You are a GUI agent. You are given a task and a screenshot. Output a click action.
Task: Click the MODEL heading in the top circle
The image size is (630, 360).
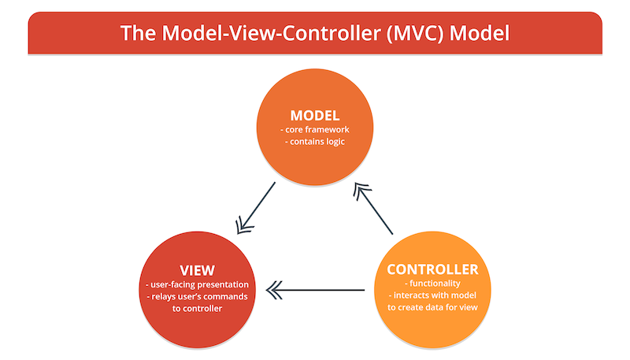315,116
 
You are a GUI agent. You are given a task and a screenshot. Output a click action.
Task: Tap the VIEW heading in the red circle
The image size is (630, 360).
198,270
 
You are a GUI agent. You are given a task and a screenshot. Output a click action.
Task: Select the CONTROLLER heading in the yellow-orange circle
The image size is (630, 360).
432,269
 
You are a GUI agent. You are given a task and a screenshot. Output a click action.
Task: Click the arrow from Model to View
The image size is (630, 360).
255,208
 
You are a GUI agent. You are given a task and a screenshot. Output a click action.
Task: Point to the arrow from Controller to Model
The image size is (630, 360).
372,208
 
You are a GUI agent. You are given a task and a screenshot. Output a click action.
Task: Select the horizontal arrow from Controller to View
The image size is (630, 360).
316,290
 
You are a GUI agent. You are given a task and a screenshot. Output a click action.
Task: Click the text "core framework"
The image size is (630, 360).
317,130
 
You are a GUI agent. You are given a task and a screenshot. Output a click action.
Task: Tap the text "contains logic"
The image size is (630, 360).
317,142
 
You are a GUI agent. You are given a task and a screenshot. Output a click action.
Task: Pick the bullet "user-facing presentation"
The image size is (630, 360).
199,284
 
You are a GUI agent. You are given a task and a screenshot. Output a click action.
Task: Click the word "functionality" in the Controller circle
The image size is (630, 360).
435,284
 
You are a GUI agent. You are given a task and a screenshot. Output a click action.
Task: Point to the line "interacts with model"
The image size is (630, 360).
435,295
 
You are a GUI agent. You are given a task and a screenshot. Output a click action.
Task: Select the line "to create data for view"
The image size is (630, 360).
432,307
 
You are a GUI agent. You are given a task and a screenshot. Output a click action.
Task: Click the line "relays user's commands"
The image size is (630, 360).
199,296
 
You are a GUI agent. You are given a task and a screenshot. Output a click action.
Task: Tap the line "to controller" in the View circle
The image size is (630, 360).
198,309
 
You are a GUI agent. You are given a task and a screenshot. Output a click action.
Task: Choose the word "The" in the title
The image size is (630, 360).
138,33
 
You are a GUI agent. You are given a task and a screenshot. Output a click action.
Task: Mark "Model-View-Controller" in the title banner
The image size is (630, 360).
271,33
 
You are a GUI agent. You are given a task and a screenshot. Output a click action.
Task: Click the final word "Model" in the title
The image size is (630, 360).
480,33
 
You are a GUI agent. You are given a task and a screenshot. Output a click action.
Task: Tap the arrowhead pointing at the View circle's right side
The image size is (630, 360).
274,290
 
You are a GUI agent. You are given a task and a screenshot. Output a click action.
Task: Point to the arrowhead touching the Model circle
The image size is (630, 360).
361,191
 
